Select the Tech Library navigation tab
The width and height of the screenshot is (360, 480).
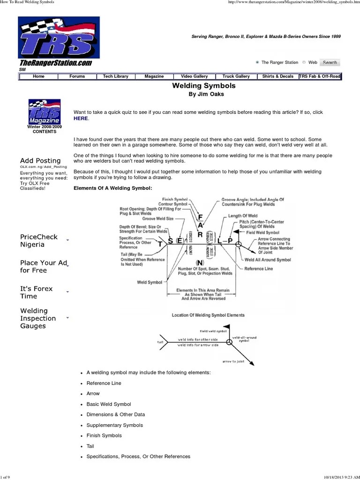tap(115, 76)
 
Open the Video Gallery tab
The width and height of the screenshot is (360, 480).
tap(194, 76)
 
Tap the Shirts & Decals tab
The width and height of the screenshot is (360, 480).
tap(277, 76)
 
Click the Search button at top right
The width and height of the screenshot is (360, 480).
tap(330, 62)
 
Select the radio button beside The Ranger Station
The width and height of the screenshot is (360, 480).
tap(257, 62)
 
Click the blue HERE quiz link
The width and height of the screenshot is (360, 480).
tap(80, 119)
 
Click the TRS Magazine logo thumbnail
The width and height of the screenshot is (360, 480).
tap(44, 112)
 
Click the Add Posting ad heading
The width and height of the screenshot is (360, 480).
tap(40, 161)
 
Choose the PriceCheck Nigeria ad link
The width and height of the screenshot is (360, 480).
tap(39, 240)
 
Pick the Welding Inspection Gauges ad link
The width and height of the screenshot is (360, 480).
tap(38, 318)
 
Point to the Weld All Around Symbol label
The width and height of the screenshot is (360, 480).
tap(268, 260)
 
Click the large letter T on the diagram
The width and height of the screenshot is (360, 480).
tap(160, 244)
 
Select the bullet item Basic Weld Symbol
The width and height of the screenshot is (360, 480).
tap(109, 404)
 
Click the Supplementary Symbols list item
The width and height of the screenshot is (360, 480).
tap(114, 425)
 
